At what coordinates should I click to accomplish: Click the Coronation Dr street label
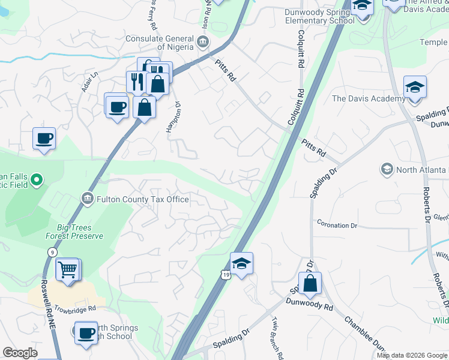click(337, 226)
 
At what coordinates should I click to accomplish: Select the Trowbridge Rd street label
click(75, 309)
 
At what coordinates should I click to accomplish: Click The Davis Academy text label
click(369, 99)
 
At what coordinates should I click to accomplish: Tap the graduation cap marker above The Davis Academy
click(415, 88)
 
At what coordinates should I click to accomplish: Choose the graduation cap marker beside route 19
click(241, 264)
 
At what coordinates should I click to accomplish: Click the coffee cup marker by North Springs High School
click(86, 332)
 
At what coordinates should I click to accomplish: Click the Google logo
click(20, 353)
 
